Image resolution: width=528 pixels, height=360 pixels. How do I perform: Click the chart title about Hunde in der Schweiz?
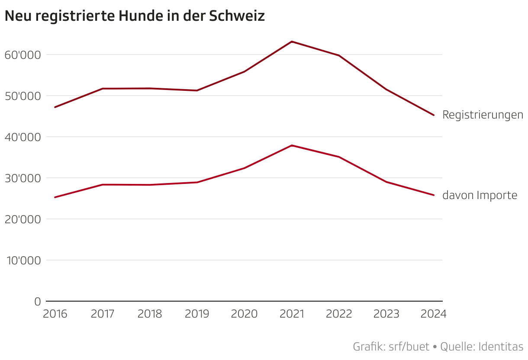(134, 16)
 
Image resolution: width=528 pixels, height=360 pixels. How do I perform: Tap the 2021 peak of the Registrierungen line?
(292, 42)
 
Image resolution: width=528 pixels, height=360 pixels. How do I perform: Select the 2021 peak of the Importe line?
(292, 145)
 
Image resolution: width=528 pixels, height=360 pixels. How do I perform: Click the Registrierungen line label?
(483, 115)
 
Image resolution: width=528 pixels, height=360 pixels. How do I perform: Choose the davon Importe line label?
(480, 196)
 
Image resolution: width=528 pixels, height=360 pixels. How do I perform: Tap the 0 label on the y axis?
(37, 302)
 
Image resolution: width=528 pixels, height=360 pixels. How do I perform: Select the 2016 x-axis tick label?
(55, 314)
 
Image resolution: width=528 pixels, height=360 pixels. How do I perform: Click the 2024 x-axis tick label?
(434, 314)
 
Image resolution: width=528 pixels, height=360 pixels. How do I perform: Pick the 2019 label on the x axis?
(197, 314)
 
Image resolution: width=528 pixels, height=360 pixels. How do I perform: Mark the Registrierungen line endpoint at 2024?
(434, 115)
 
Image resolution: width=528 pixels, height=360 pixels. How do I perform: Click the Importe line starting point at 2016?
(55, 197)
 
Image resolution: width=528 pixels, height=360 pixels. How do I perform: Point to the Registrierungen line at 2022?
(339, 55)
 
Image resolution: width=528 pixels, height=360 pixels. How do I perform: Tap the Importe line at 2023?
(386, 182)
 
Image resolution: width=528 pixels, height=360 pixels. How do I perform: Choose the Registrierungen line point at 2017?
(103, 89)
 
